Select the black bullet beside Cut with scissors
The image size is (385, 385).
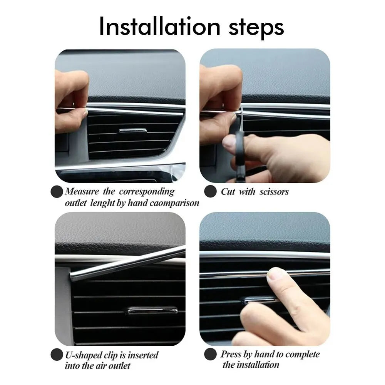tap(210, 191)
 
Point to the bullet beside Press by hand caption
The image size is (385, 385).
tap(210, 355)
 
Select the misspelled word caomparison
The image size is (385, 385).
tap(174, 203)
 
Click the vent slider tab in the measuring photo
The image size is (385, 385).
tap(132, 131)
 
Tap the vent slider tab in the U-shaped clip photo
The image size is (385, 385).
tap(152, 310)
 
